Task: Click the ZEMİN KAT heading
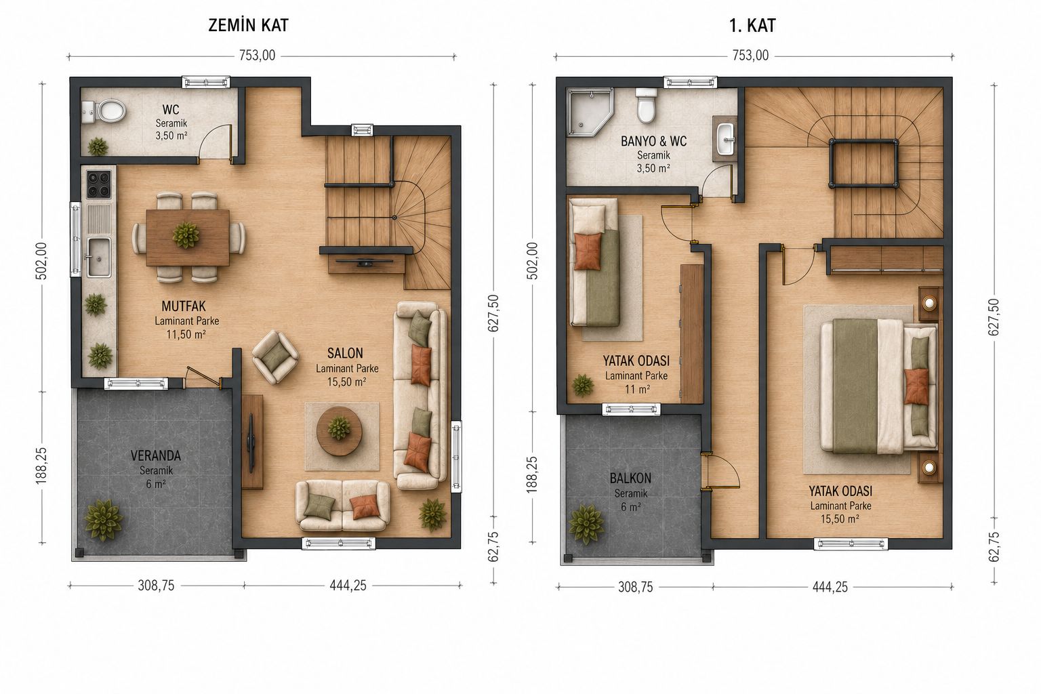click(248, 25)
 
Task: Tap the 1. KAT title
click(752, 26)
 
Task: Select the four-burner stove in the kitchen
click(99, 184)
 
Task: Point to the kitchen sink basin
click(98, 257)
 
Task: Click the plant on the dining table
click(186, 234)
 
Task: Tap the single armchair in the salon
click(276, 357)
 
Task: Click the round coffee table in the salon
click(340, 431)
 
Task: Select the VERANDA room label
click(156, 455)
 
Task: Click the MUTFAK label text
click(184, 306)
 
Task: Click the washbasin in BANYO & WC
click(725, 138)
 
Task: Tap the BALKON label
click(630, 478)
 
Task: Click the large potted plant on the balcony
click(586, 525)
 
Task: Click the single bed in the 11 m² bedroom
click(595, 263)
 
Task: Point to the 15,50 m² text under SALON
click(346, 382)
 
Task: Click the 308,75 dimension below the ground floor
click(156, 586)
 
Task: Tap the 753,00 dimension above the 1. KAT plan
click(750, 56)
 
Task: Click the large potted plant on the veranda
click(104, 520)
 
